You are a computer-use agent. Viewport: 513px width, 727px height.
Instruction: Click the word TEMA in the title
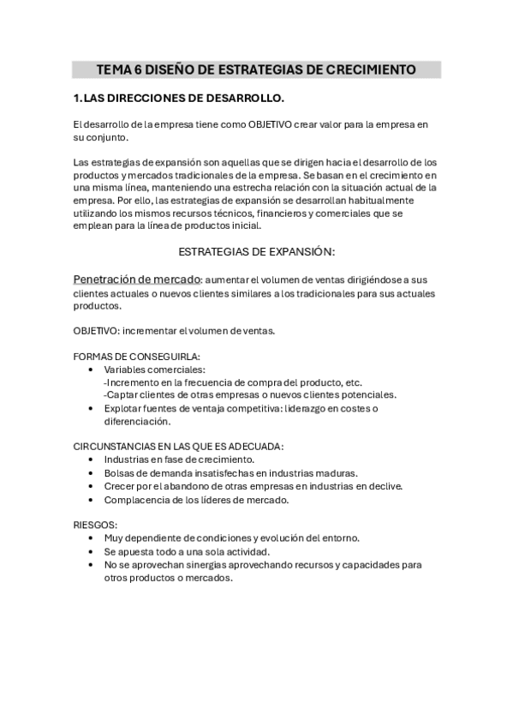[x=114, y=69]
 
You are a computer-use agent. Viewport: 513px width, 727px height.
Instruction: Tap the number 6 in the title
[x=139, y=69]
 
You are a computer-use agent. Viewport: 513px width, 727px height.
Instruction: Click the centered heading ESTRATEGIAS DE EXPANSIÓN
[x=256, y=252]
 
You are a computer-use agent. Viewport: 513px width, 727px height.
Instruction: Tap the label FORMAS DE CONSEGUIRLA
[x=137, y=357]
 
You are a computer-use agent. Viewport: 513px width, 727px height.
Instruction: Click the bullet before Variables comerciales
[x=92, y=370]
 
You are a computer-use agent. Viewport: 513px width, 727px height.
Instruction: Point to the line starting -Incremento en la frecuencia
[x=233, y=382]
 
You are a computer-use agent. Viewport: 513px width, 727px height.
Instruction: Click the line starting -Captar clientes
[x=250, y=395]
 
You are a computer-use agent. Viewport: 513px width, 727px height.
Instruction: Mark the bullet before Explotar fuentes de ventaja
[x=92, y=408]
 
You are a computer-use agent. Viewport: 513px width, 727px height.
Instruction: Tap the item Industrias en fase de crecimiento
[x=179, y=460]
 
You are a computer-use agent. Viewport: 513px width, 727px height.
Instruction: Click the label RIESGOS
[x=95, y=525]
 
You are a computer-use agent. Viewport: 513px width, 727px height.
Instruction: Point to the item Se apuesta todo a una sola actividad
[x=187, y=551]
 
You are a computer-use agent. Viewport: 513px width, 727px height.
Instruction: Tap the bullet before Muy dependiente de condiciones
[x=92, y=538]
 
